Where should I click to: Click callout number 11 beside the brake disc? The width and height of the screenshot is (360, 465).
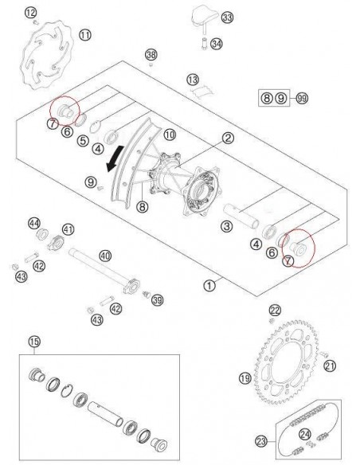(x=85, y=34)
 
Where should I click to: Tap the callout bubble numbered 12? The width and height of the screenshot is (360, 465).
(x=30, y=12)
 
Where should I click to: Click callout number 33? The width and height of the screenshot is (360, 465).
(x=228, y=17)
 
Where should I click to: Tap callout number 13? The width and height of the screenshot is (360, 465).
(x=191, y=80)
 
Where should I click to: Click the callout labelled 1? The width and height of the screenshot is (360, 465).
(x=209, y=282)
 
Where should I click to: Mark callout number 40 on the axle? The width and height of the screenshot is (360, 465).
(x=104, y=256)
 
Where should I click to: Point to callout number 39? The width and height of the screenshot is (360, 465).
(x=157, y=299)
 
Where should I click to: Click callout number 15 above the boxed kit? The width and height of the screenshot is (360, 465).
(x=33, y=341)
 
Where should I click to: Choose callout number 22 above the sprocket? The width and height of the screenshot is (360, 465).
(x=274, y=310)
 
